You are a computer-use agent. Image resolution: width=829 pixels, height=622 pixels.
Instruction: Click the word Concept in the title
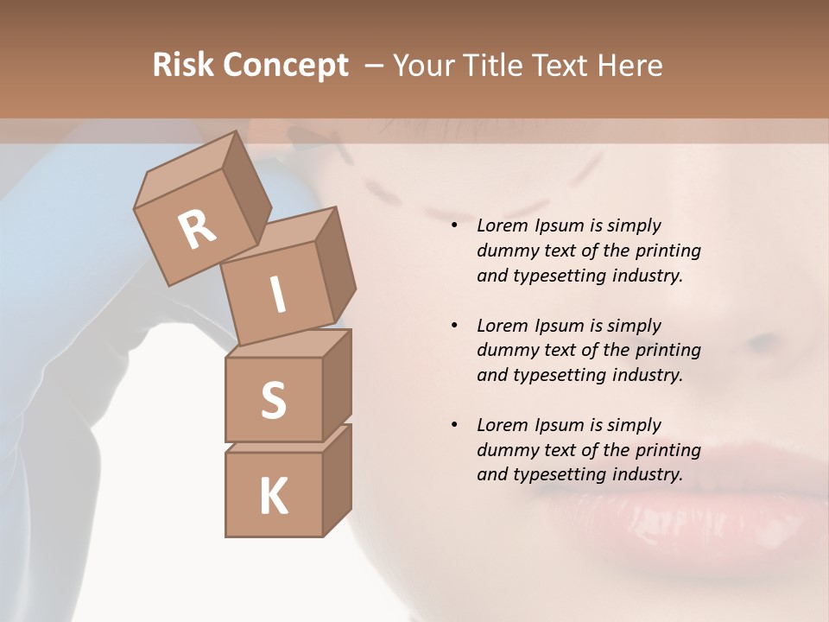click(286, 65)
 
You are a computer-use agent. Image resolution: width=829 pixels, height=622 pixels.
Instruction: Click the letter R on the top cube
click(198, 230)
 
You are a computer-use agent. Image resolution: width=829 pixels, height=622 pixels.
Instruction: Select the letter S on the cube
click(273, 401)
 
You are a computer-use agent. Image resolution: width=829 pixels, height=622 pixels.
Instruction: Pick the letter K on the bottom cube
click(273, 497)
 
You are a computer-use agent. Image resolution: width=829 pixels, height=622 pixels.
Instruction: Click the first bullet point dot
click(454, 226)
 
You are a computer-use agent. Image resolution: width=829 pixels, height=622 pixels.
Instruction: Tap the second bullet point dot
click(454, 326)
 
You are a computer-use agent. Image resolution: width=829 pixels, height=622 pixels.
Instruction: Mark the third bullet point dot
click(454, 425)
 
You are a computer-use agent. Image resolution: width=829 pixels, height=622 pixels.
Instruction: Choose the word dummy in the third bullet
click(505, 450)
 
